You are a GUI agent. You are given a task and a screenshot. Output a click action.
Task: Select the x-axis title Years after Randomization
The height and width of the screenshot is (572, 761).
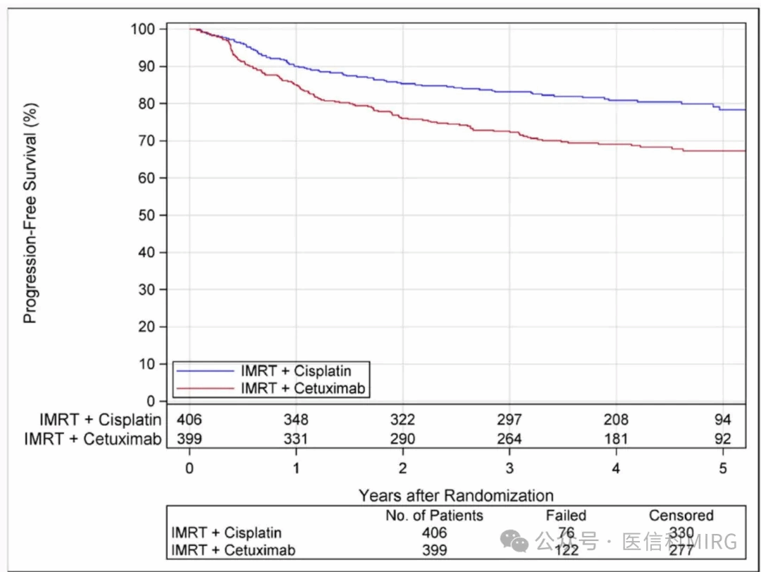tap(456, 495)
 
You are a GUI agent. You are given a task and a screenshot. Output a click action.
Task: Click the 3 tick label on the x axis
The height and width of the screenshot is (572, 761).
tap(509, 469)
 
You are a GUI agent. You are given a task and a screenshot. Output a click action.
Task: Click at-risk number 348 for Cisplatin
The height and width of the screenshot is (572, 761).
tap(296, 420)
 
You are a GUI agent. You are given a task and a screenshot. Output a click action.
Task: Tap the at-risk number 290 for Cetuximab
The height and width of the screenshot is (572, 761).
tap(402, 439)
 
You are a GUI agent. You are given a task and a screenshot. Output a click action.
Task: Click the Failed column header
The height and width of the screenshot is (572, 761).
tap(566, 516)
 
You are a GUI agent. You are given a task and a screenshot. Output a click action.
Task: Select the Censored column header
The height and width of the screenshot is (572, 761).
tap(681, 516)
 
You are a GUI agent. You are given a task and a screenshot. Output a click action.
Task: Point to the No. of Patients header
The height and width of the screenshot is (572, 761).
tap(434, 516)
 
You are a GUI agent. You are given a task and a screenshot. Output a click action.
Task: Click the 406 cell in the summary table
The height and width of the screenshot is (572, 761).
tap(434, 533)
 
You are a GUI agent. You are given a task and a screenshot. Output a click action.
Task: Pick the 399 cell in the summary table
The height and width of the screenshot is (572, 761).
tap(434, 549)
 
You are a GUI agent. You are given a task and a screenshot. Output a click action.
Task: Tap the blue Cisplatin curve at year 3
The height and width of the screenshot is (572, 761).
tap(509, 92)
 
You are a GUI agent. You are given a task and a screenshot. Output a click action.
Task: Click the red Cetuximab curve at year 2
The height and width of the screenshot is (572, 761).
tap(402, 118)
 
